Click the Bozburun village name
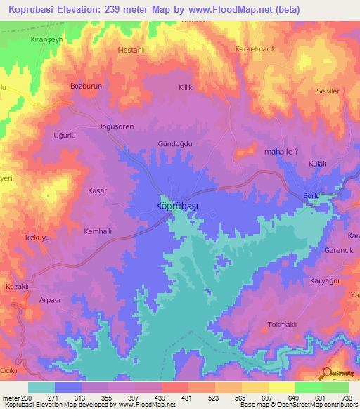tap(87, 86)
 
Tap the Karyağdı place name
tap(325, 280)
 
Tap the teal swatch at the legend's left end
tap(41, 387)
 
